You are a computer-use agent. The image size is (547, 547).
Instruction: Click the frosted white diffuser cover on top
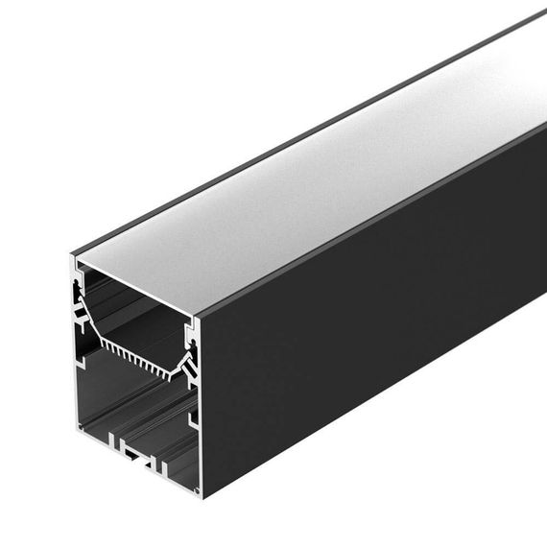[x=317, y=182]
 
